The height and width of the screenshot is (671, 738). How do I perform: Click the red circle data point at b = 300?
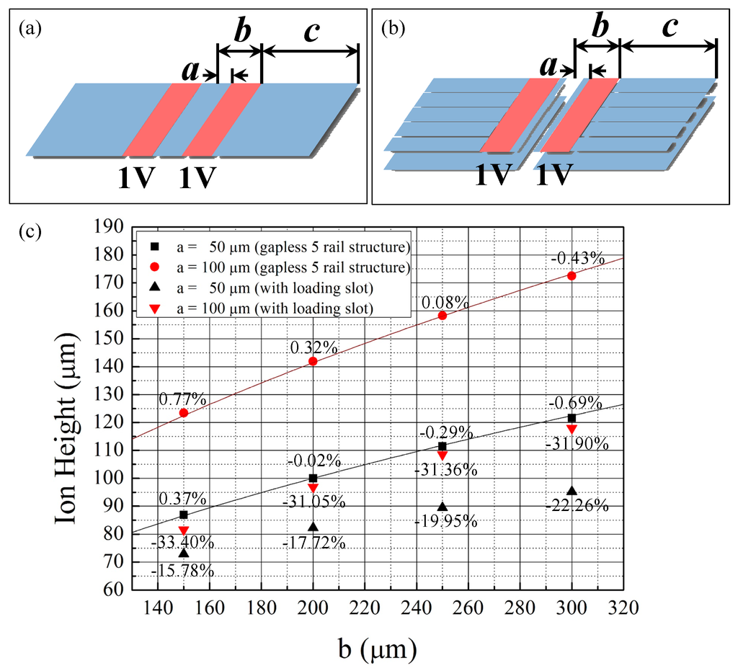[572, 276]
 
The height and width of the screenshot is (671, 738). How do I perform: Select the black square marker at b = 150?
[184, 515]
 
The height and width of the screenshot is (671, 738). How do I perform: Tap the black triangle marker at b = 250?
[443, 507]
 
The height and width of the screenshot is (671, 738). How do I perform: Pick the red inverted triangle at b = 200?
[313, 488]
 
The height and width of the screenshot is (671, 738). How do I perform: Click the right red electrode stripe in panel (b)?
[579, 115]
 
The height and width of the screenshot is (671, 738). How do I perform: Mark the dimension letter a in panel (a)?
[190, 71]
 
